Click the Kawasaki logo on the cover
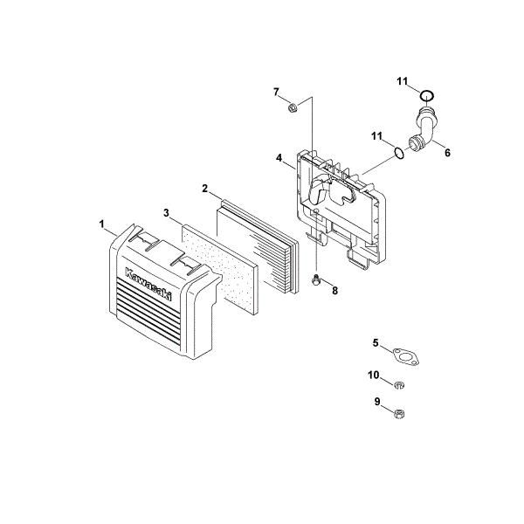[148, 284]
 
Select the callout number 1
[102, 224]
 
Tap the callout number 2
[205, 189]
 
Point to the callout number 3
[167, 212]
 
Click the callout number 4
[279, 157]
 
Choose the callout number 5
[376, 342]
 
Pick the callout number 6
[447, 153]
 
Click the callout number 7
[276, 92]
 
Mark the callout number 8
[334, 291]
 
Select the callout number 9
[377, 402]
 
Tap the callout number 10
[374, 375]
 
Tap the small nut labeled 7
[293, 108]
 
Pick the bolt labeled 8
[314, 280]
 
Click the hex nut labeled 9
[399, 414]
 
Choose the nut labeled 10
[399, 385]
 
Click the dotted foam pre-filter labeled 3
[219, 269]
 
